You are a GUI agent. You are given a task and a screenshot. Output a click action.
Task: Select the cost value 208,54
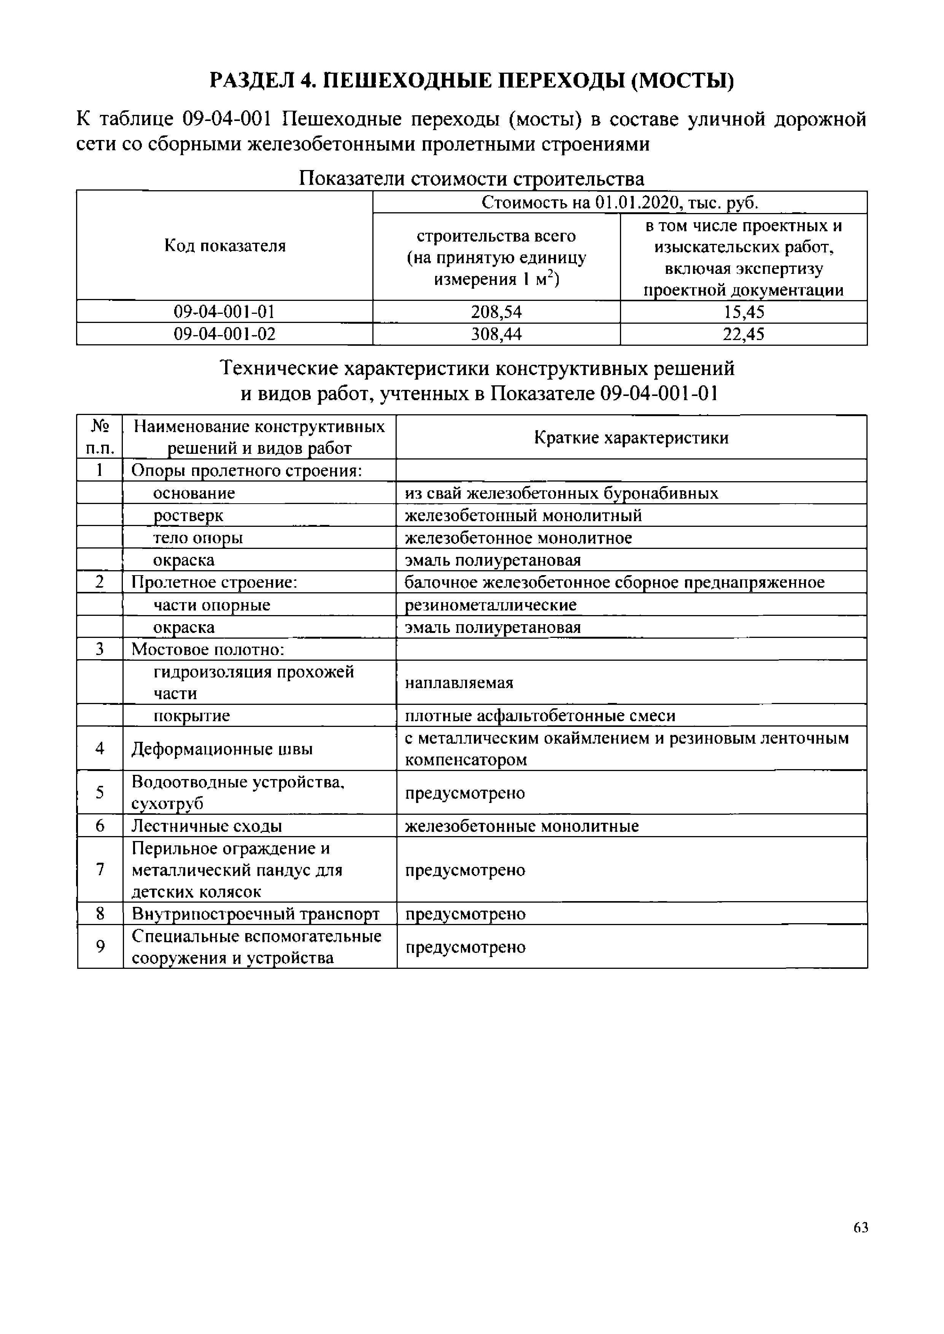click(x=496, y=312)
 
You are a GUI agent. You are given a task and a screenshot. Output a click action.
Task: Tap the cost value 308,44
click(x=496, y=334)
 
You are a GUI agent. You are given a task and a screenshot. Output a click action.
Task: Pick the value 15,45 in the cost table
click(x=744, y=312)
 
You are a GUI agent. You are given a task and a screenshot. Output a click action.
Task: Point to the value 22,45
click(x=744, y=334)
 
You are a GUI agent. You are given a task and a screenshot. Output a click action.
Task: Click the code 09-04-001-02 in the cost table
click(x=224, y=334)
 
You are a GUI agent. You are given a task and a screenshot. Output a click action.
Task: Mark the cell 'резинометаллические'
click(x=491, y=605)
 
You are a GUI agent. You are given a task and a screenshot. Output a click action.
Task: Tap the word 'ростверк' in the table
click(x=188, y=515)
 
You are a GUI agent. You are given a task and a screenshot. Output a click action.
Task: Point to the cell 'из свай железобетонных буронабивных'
click(x=561, y=493)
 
